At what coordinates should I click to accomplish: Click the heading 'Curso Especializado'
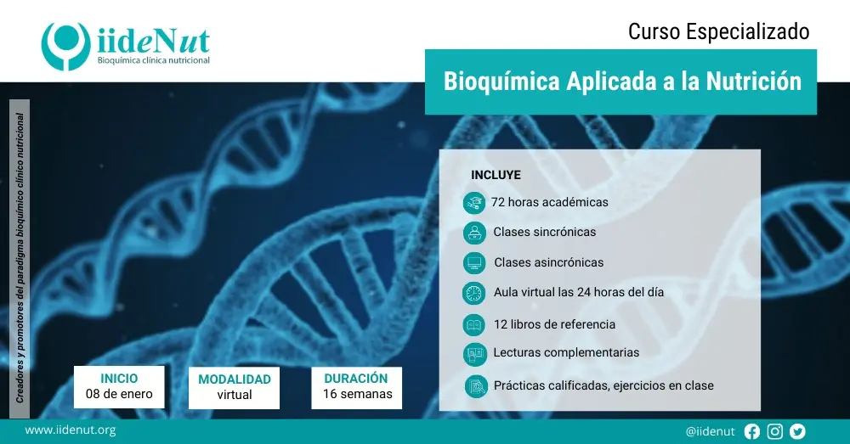pyautogui.click(x=718, y=31)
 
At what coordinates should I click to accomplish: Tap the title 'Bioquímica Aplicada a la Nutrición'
pyautogui.click(x=622, y=81)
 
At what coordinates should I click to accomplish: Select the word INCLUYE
pyautogui.click(x=496, y=175)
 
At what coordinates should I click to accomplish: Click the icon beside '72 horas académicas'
pyautogui.click(x=473, y=203)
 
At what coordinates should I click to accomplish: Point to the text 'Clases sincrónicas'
pyautogui.click(x=544, y=232)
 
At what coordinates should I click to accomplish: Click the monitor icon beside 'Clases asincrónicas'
pyautogui.click(x=473, y=262)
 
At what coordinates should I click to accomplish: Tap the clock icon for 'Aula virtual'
pyautogui.click(x=473, y=293)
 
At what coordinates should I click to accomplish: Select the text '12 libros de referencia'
pyautogui.click(x=554, y=324)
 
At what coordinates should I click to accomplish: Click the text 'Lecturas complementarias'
pyautogui.click(x=566, y=352)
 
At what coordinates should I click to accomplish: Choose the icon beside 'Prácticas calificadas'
pyautogui.click(x=476, y=385)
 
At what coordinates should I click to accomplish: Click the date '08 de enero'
pyautogui.click(x=119, y=394)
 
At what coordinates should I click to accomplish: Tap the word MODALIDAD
pyautogui.click(x=235, y=379)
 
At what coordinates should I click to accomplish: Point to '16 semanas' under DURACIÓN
pyautogui.click(x=357, y=394)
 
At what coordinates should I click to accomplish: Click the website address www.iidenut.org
pyautogui.click(x=71, y=430)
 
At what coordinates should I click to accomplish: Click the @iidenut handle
pyautogui.click(x=710, y=431)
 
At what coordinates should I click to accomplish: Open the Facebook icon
pyautogui.click(x=751, y=431)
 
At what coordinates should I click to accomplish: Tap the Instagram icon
pyautogui.click(x=774, y=431)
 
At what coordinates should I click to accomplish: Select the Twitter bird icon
pyautogui.click(x=797, y=431)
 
